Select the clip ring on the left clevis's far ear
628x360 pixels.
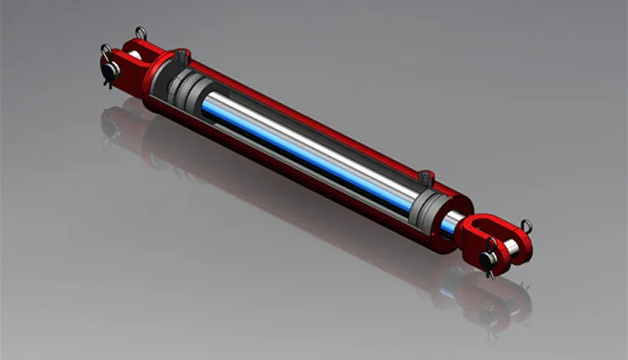click(x=141, y=33)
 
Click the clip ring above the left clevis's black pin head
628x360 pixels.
click(x=106, y=52)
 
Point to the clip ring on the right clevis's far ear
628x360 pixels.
click(x=526, y=225)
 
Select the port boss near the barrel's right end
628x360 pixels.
click(x=425, y=177)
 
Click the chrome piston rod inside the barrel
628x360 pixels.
click(x=310, y=142)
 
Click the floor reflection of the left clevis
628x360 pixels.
click(x=117, y=126)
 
